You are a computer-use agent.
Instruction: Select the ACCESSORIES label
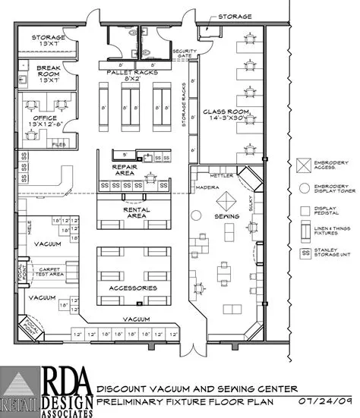point(131,288)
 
